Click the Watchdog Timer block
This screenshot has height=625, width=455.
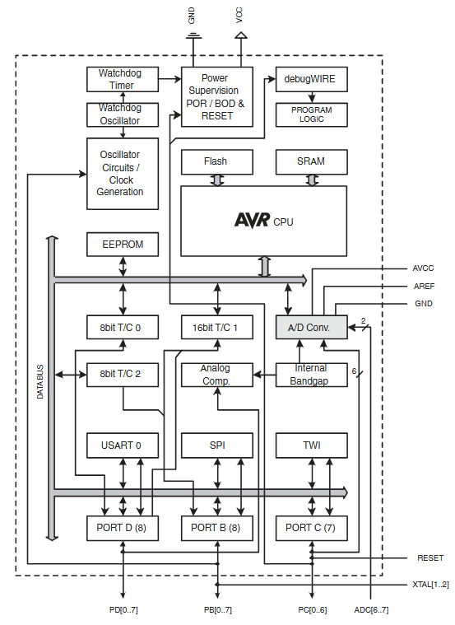[x=122, y=79]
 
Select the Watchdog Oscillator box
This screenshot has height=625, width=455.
[x=122, y=114]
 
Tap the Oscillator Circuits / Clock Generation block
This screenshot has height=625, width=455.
[x=122, y=173]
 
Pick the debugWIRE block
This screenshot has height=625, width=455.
[x=311, y=79]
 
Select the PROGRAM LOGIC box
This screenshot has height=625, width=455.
[x=311, y=114]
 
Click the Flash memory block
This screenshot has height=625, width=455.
[x=216, y=161]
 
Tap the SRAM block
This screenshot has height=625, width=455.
[x=311, y=161]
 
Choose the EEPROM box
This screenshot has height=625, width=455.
[x=122, y=245]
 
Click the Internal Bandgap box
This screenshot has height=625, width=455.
[x=311, y=375]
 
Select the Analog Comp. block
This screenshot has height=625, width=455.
[x=216, y=375]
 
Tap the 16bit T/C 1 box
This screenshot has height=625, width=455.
[x=216, y=327]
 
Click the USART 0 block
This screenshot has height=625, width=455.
[x=122, y=445]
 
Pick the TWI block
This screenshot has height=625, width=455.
[x=311, y=445]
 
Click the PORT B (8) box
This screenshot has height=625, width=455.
[x=216, y=528]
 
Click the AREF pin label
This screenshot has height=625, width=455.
[x=424, y=287]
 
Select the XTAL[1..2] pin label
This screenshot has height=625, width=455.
[x=430, y=585]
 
